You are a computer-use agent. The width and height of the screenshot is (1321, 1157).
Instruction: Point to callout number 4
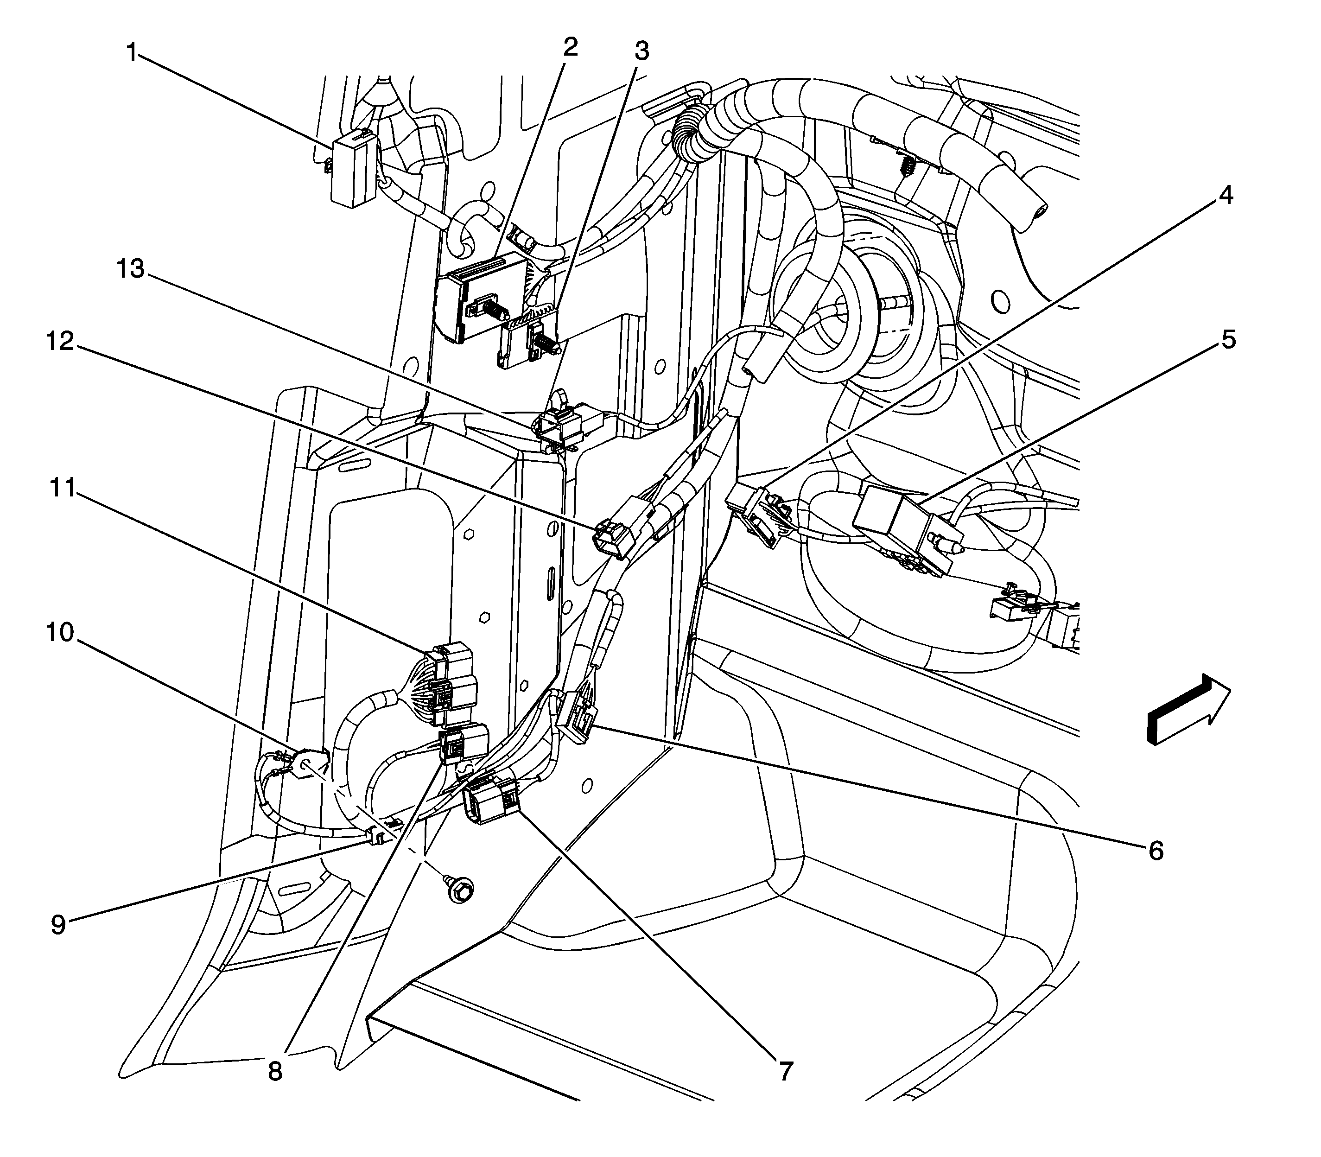1225,194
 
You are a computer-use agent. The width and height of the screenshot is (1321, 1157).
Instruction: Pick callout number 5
1227,339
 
